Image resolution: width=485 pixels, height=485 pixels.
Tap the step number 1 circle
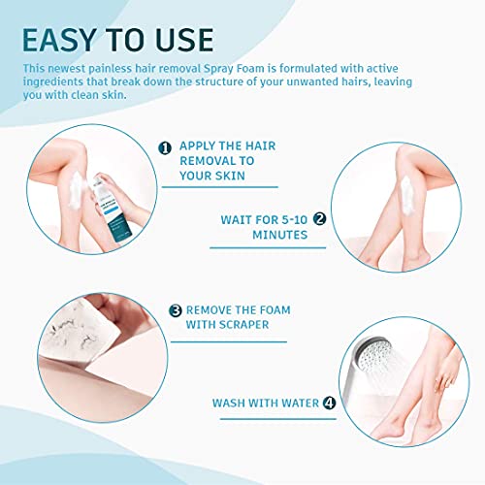(165, 147)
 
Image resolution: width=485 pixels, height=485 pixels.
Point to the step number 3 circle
(176, 311)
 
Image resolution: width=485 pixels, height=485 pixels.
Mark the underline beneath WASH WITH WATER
(262, 420)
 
